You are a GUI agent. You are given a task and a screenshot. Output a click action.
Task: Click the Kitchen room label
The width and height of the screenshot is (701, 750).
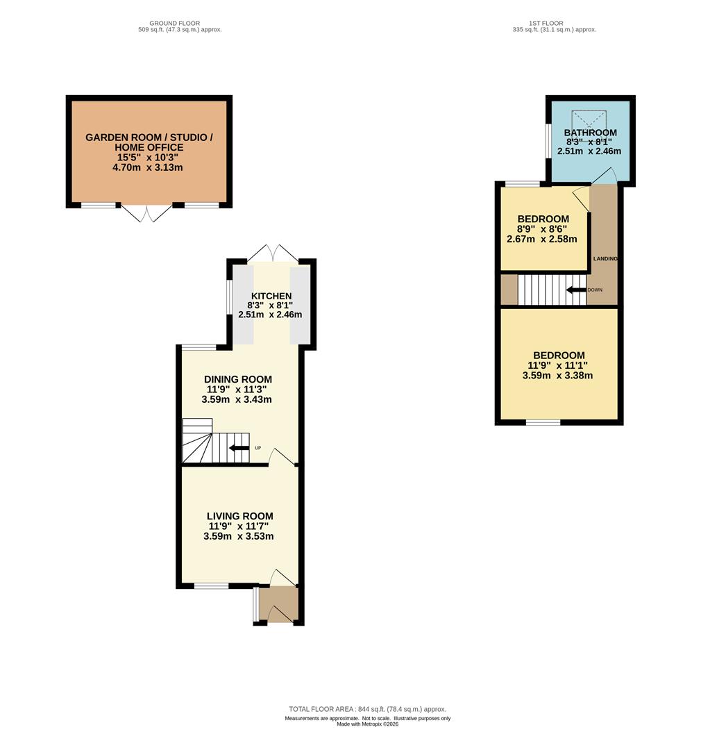tap(271, 296)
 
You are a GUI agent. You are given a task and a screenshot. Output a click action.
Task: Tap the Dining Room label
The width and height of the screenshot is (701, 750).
tap(237, 379)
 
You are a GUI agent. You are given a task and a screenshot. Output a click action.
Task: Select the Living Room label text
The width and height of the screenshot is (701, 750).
tap(240, 516)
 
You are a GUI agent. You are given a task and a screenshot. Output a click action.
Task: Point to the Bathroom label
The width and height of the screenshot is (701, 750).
tap(590, 133)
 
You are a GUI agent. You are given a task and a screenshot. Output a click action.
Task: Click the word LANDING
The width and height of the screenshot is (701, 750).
tap(605, 259)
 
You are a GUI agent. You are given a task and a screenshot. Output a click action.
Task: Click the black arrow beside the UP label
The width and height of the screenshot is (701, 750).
tap(239, 448)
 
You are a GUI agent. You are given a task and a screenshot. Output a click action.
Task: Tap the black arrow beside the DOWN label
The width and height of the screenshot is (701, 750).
tap(576, 290)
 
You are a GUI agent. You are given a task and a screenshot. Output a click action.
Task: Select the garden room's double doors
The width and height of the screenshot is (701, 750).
tap(147, 213)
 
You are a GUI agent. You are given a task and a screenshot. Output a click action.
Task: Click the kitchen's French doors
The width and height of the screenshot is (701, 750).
tap(273, 253)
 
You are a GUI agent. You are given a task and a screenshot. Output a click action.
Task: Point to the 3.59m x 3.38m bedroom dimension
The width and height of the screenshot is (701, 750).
tap(557, 376)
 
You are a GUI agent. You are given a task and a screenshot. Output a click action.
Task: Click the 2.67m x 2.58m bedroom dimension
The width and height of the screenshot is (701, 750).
tap(542, 239)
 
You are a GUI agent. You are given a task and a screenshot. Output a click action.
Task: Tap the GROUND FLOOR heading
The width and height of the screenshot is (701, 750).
tap(174, 23)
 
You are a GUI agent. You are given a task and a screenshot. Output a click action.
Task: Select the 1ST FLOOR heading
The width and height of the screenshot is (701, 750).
tap(546, 23)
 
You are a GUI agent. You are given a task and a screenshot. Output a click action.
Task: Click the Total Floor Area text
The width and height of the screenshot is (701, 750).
tap(367, 709)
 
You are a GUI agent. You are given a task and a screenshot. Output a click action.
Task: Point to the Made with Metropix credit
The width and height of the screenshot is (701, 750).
tap(368, 724)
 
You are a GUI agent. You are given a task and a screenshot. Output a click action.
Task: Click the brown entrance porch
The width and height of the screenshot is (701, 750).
tap(278, 604)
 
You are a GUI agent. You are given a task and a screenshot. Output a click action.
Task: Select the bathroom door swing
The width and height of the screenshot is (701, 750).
tap(603, 176)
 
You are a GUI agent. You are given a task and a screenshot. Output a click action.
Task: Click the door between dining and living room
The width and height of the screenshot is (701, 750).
tap(282, 457)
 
